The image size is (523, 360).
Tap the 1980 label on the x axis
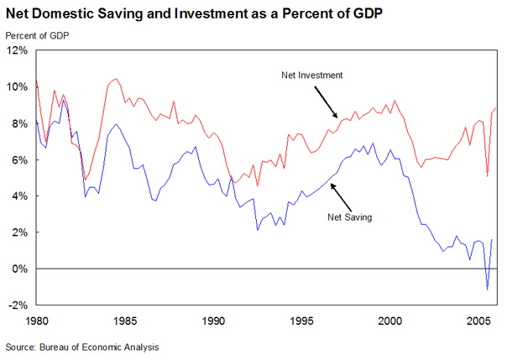37,321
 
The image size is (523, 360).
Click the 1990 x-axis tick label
214,321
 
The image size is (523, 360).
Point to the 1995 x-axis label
302,321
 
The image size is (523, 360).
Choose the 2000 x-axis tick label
390,321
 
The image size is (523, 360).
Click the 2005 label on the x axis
479,321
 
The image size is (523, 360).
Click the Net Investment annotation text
312,76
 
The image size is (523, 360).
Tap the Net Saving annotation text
348,217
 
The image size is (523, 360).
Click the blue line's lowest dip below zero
487,290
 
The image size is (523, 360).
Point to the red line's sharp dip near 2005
488,176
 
